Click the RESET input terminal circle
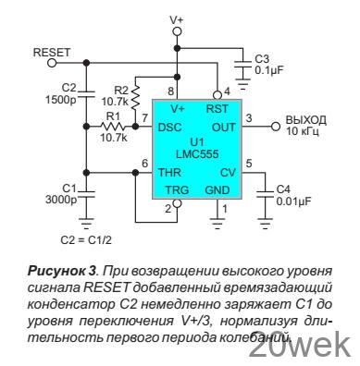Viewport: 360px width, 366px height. click(x=52, y=63)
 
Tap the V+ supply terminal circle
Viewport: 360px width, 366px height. click(x=177, y=31)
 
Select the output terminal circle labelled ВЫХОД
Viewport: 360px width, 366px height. click(x=276, y=127)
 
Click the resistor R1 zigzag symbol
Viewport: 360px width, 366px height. click(x=113, y=127)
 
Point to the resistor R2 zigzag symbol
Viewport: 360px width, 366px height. click(x=135, y=99)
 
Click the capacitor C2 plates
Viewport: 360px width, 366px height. click(x=87, y=93)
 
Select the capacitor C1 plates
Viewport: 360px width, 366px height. click(x=87, y=193)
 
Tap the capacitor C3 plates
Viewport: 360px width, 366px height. click(x=243, y=64)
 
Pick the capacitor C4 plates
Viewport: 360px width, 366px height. click(x=265, y=193)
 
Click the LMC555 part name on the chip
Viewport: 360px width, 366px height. click(x=197, y=153)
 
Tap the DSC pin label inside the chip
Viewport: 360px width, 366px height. click(x=169, y=128)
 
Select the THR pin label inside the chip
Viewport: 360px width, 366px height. click(x=169, y=173)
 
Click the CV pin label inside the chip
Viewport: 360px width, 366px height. click(x=228, y=173)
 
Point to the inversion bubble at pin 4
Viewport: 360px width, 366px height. click(x=217, y=95)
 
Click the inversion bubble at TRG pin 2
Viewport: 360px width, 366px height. click(x=177, y=203)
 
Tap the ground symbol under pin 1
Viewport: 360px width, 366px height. click(x=217, y=224)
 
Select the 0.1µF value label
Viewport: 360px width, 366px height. click(x=269, y=70)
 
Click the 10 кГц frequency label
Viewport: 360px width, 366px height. click(x=303, y=131)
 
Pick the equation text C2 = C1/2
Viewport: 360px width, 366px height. click(x=86, y=240)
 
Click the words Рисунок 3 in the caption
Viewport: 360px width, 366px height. click(x=62, y=271)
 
